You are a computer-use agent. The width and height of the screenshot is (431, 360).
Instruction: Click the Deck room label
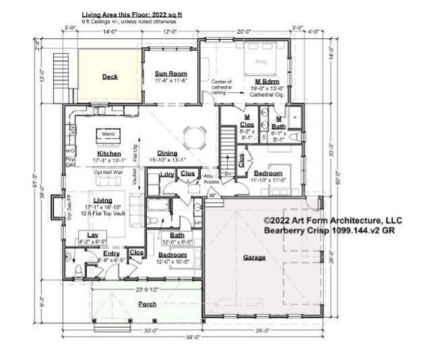click(110, 76)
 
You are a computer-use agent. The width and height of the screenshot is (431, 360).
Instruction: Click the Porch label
click(147, 304)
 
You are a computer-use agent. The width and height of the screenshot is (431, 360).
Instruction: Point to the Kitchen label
click(109, 153)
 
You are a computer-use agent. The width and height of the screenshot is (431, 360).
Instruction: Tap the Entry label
click(111, 254)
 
